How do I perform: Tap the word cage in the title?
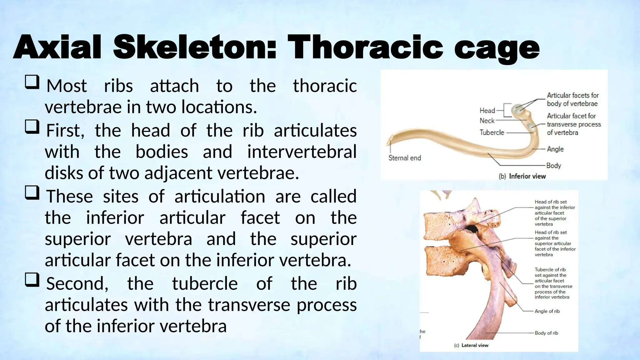497,48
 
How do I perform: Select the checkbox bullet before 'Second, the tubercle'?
32,279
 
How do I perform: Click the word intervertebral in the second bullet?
302,152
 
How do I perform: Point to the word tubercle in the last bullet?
205,284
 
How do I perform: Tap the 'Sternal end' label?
405,158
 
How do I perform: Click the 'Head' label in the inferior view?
487,111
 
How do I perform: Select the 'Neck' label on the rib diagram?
487,121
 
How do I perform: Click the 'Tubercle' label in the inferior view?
492,132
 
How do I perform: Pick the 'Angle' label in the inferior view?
555,149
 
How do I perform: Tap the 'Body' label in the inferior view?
554,165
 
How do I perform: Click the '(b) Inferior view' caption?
522,176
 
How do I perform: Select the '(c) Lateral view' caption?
471,345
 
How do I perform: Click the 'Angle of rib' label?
547,311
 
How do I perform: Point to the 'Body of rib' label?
546,333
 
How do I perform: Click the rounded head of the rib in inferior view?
517,109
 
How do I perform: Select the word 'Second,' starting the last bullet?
77,284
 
